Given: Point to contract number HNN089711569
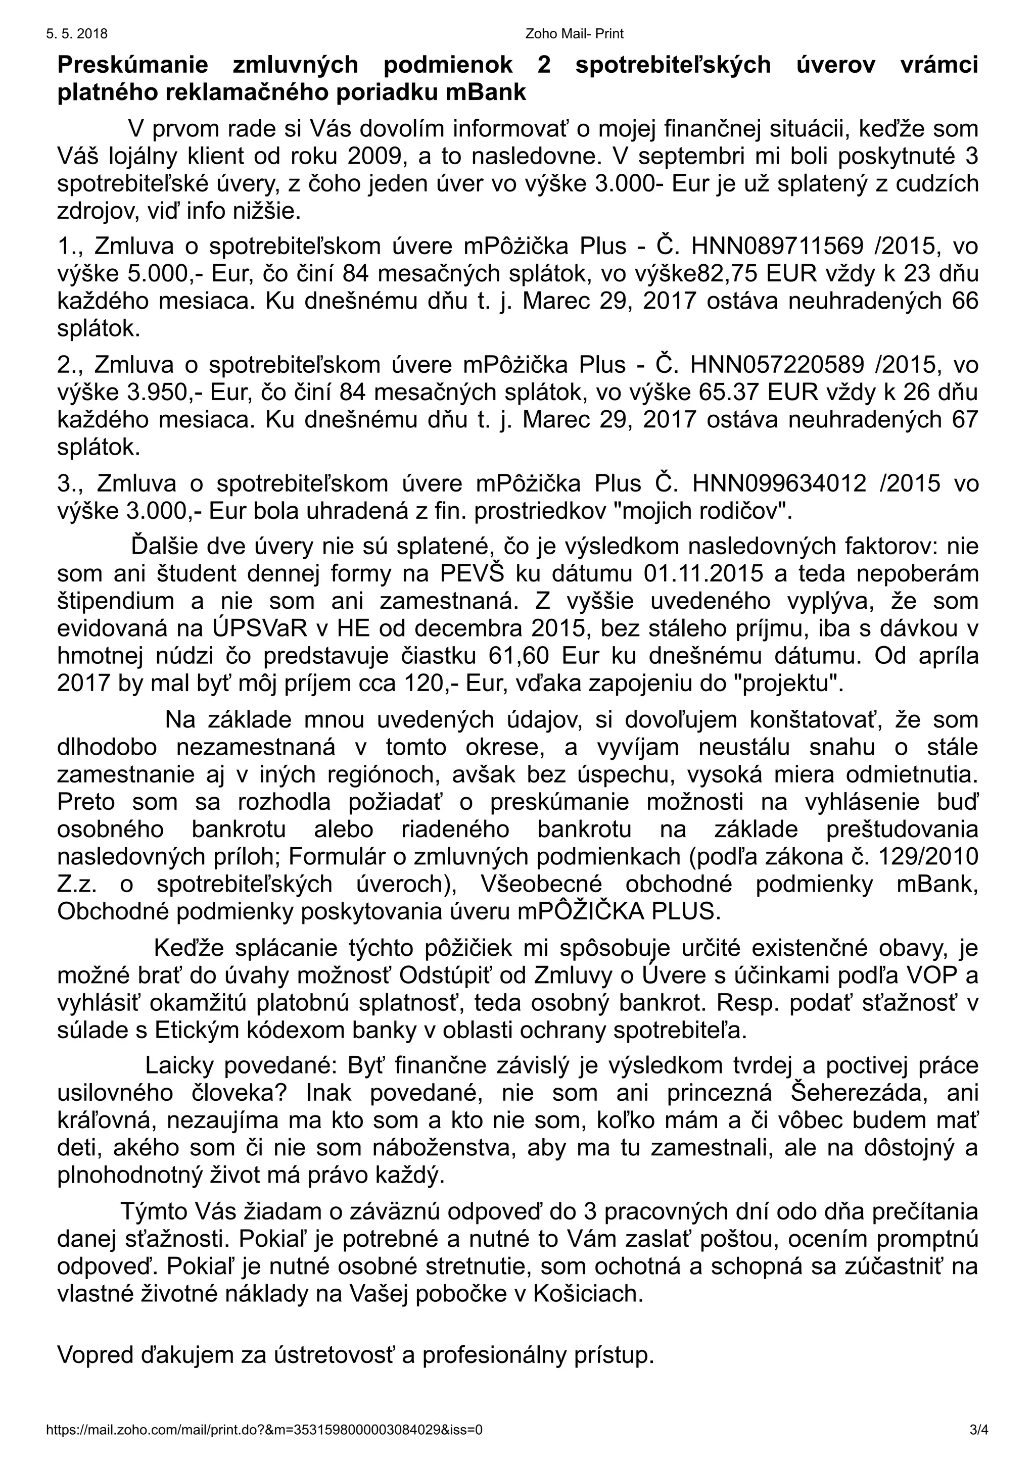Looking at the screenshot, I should (x=777, y=246).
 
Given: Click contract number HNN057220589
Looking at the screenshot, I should (x=777, y=365).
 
